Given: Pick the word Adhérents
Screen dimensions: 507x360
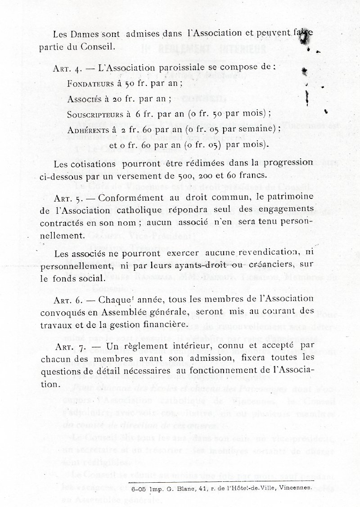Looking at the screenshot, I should (86, 130).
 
